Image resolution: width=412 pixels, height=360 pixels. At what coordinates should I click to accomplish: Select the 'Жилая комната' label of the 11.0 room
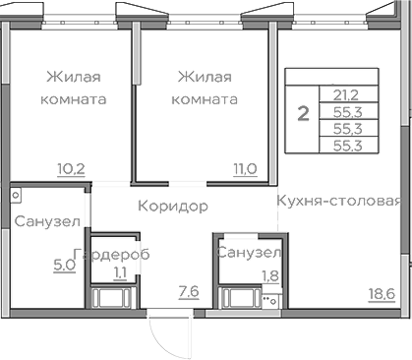[x=205, y=88]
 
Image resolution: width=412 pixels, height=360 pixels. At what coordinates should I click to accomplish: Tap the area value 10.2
[x=72, y=168]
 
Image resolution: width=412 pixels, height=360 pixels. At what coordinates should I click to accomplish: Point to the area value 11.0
[x=245, y=168]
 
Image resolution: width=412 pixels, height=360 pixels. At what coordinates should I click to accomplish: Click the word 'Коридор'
[x=173, y=207]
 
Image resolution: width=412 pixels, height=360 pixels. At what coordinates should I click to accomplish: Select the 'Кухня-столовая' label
[x=337, y=202]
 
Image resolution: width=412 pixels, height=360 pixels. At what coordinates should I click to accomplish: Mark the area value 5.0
[x=63, y=264]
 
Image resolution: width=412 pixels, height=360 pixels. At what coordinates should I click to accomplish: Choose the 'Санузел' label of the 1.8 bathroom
[x=250, y=254]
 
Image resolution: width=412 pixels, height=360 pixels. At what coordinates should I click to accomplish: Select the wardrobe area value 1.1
[x=119, y=274]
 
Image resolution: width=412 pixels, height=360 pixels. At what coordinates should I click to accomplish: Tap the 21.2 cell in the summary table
[x=345, y=95]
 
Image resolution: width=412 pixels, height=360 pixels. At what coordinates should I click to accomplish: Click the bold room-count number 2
[x=303, y=112]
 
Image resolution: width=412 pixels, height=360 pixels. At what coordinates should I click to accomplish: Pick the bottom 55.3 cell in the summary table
[x=345, y=145]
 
